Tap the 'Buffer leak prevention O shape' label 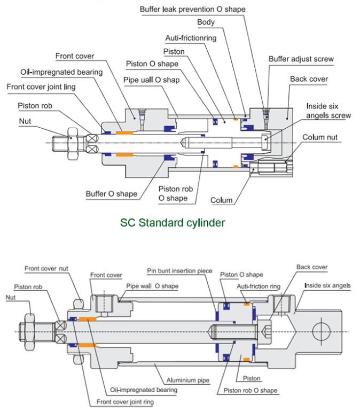click(193, 10)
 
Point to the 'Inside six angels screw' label click(328, 111)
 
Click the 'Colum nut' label click(320, 137)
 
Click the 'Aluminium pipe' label click(187, 380)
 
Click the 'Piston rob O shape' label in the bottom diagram click(251, 391)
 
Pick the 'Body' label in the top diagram click(206, 22)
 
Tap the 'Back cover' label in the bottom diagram click(312, 267)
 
